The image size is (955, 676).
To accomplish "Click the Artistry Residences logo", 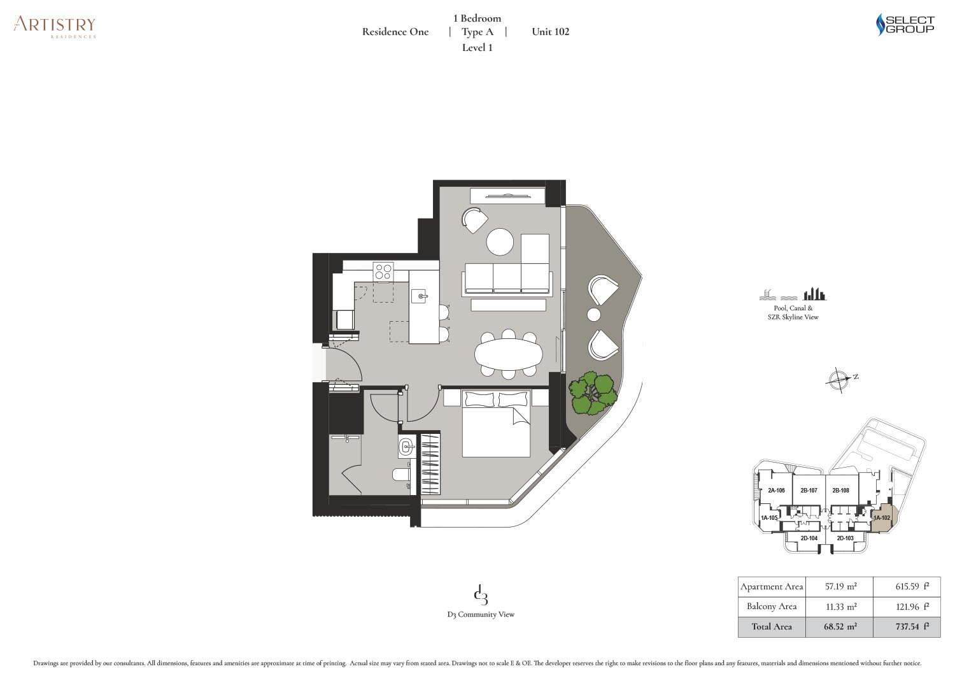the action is pos(55,27).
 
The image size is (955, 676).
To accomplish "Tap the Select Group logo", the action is pos(905,24).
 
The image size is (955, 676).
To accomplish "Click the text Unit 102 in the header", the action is pos(551,32).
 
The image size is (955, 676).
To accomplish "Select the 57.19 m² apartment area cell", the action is pos(839,586).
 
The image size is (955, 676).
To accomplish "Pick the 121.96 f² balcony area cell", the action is pos(907,607).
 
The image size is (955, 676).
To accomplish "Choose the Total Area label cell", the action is pos(772,626).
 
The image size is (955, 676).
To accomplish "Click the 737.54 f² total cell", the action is pos(907,626).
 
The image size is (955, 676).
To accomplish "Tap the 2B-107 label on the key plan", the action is pos(809,491).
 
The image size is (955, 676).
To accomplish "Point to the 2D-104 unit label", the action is pos(809,538).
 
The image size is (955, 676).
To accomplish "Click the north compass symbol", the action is pos(839,379).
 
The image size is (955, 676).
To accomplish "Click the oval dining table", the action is pos(508,354).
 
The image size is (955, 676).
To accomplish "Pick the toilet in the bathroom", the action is pos(401,475).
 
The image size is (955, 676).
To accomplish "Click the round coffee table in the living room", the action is pos(500,242).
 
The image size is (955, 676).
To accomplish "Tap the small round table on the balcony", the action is pos(593,315).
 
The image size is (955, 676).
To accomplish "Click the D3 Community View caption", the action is pos(481,614).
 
